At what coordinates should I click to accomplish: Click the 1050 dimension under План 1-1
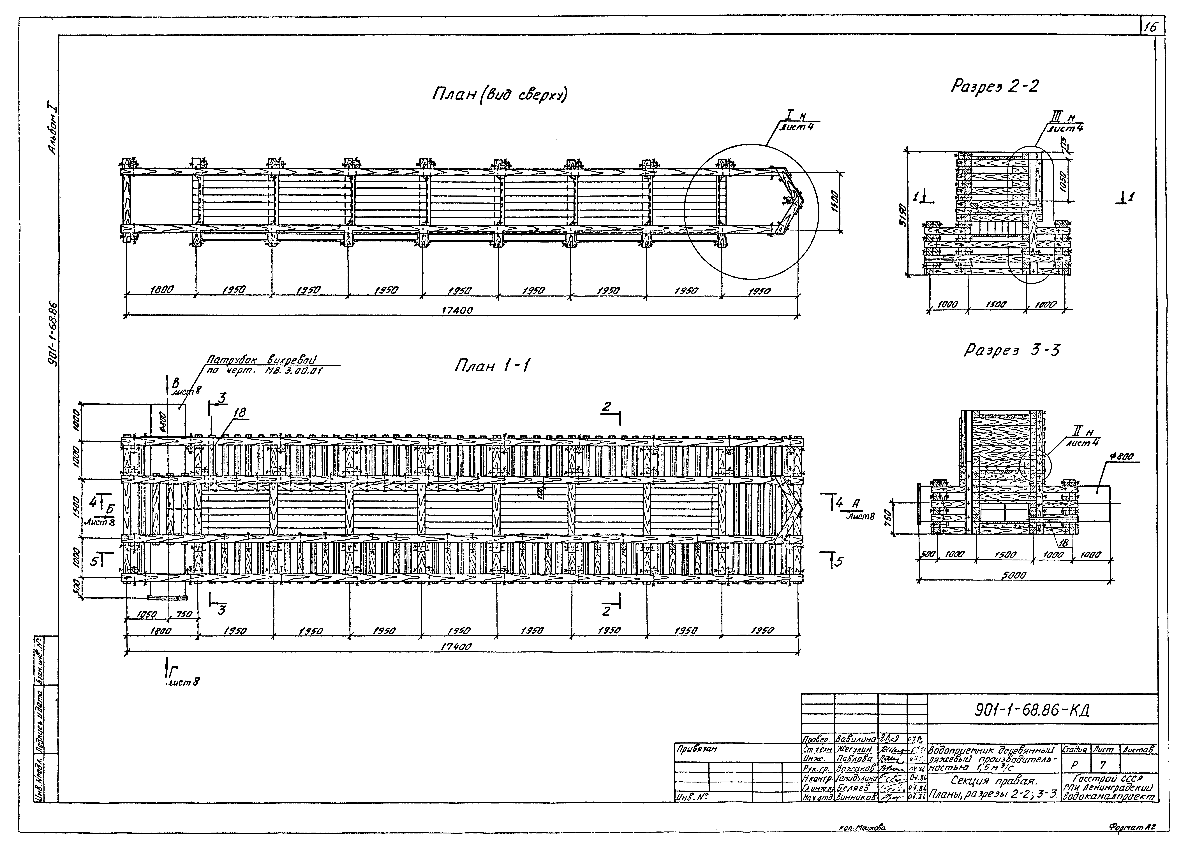(147, 615)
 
